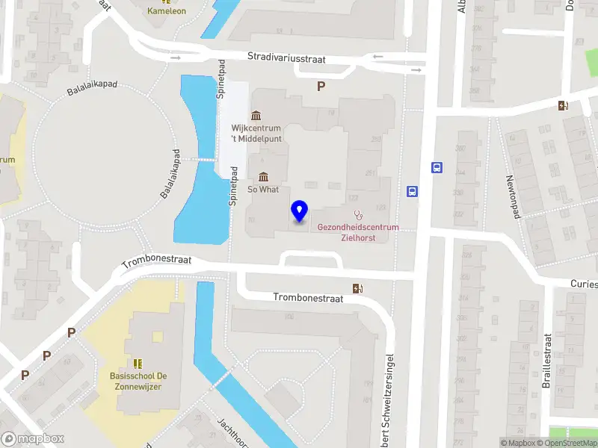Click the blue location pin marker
(x=300, y=211)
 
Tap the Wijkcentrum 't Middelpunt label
(x=256, y=132)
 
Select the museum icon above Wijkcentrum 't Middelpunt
(x=256, y=115)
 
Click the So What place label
(x=263, y=190)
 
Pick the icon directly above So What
(x=263, y=177)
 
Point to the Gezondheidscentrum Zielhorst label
(x=358, y=232)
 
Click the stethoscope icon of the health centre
(x=358, y=214)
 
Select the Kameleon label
(x=167, y=11)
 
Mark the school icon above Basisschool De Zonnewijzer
(x=138, y=364)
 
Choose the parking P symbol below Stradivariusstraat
(x=321, y=87)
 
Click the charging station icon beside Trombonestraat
(x=358, y=288)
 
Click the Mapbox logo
(x=33, y=439)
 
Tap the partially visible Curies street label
(x=583, y=284)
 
